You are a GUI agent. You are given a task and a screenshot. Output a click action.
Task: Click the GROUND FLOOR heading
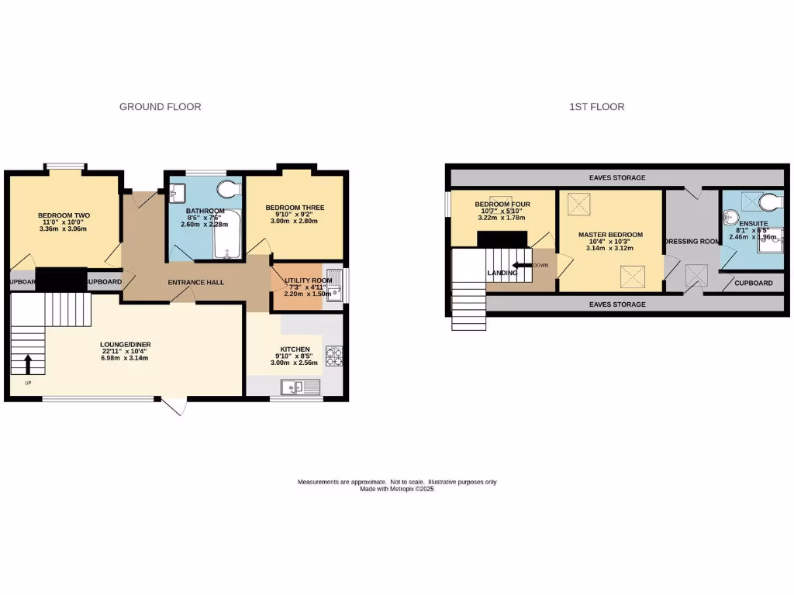pyautogui.click(x=160, y=107)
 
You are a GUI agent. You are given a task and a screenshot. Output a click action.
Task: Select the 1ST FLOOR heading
pyautogui.click(x=596, y=107)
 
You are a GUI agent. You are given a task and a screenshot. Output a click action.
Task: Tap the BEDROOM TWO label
pyautogui.click(x=64, y=215)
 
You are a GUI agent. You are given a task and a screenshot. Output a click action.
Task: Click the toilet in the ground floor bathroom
pyautogui.click(x=230, y=191)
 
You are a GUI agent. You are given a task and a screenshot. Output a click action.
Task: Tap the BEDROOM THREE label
pyautogui.click(x=295, y=208)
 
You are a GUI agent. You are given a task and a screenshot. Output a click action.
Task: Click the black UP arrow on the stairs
pyautogui.click(x=28, y=363)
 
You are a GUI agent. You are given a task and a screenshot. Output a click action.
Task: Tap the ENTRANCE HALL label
pyautogui.click(x=196, y=282)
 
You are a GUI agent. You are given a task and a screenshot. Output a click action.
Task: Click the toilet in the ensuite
pyautogui.click(x=771, y=202)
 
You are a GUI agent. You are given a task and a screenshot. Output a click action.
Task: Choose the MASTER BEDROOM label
pyautogui.click(x=610, y=235)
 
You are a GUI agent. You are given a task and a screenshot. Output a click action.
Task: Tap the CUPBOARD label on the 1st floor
pyautogui.click(x=753, y=283)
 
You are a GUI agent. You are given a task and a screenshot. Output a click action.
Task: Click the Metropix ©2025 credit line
pyautogui.click(x=397, y=489)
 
